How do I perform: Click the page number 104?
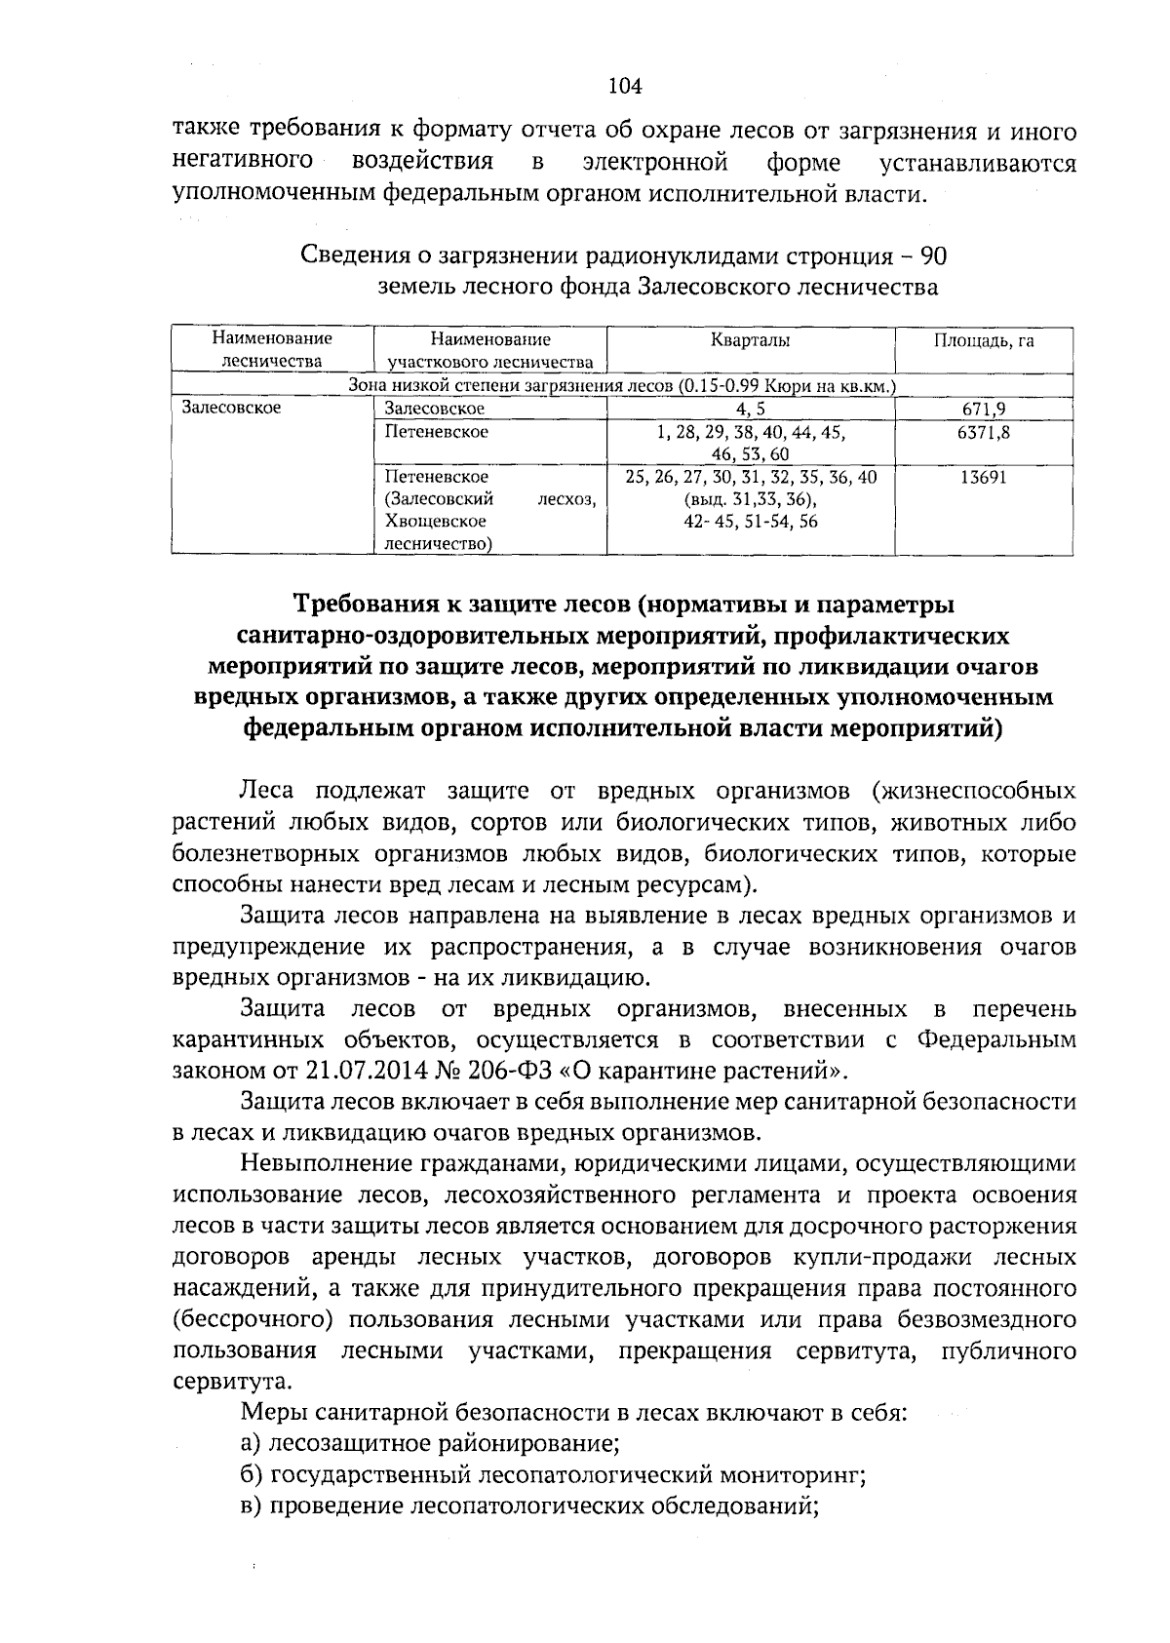[625, 87]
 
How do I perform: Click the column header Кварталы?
[750, 340]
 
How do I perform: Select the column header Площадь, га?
[984, 340]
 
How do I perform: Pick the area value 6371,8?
[984, 431]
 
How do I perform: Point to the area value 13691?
[984, 477]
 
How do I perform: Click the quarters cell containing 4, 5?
[750, 409]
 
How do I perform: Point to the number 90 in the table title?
[933, 256]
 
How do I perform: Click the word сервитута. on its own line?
[216, 1382]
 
